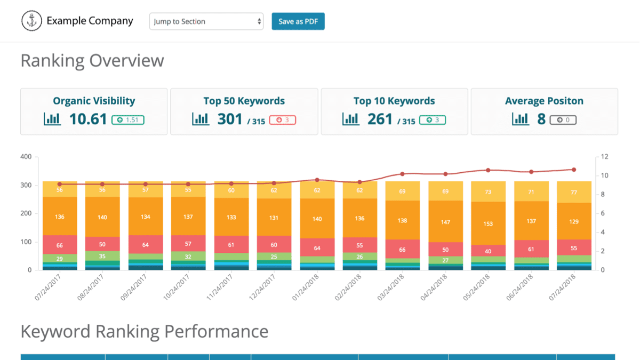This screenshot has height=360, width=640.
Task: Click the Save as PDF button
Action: (298, 21)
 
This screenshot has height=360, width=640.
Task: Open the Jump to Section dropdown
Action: (206, 21)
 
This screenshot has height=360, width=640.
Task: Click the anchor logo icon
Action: (31, 21)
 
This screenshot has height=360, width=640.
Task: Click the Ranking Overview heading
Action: (92, 60)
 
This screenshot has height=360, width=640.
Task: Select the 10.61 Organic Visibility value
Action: (88, 119)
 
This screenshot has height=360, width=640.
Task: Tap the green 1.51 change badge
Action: (127, 120)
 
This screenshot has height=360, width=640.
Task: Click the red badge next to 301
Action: (283, 120)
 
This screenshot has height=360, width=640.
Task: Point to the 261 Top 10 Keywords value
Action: (380, 119)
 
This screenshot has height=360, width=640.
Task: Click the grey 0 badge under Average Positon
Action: (563, 120)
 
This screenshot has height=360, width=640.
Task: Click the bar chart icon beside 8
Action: (521, 119)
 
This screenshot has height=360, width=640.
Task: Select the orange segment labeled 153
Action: (488, 223)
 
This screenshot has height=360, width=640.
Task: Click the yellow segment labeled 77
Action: (574, 193)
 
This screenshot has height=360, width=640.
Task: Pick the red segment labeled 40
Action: (488, 251)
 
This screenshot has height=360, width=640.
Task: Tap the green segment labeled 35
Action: (102, 256)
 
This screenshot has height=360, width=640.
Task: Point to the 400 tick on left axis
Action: (26, 157)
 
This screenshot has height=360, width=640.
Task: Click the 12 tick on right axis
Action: (604, 157)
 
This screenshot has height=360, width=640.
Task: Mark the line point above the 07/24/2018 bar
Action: (574, 170)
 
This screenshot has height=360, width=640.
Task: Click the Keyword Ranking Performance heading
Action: (144, 331)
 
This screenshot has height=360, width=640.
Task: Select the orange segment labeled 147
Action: (445, 222)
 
